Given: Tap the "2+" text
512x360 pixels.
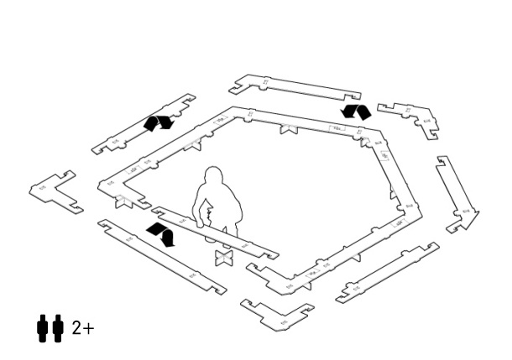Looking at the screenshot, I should [82, 328].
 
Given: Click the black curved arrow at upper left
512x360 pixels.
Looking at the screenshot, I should [158, 123].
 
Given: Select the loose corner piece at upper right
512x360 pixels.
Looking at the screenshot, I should [410, 118].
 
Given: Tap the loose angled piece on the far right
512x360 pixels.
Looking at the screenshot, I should [457, 196].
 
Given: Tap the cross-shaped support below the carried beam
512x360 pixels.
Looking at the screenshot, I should [223, 257].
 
